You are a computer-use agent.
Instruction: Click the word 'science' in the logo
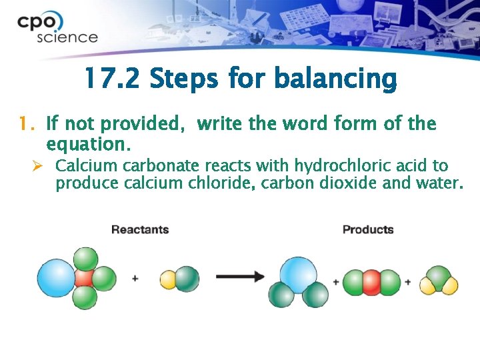[67, 37]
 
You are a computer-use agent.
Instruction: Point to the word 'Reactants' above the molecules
[140, 230]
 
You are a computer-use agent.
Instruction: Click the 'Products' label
[368, 230]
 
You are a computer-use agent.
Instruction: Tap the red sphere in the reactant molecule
[85, 278]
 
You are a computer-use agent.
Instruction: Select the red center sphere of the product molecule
[371, 282]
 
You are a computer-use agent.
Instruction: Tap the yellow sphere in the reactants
[169, 279]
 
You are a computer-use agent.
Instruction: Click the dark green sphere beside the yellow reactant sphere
[187, 279]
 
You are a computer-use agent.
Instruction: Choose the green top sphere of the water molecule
[439, 275]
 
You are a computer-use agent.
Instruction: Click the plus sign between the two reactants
[135, 278]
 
